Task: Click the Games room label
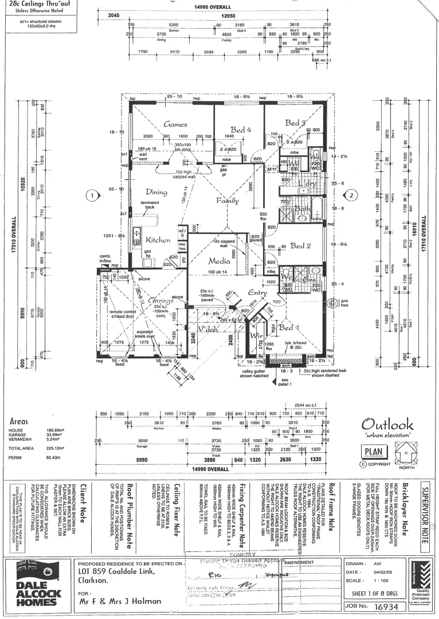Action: coord(175,124)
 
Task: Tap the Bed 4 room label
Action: coord(241,130)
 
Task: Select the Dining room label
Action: coord(156,193)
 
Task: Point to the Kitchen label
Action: coord(158,240)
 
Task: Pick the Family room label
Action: coord(228,201)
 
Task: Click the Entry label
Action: coord(258,293)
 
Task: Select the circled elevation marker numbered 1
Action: coord(91,195)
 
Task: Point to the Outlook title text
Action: coord(387,425)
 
